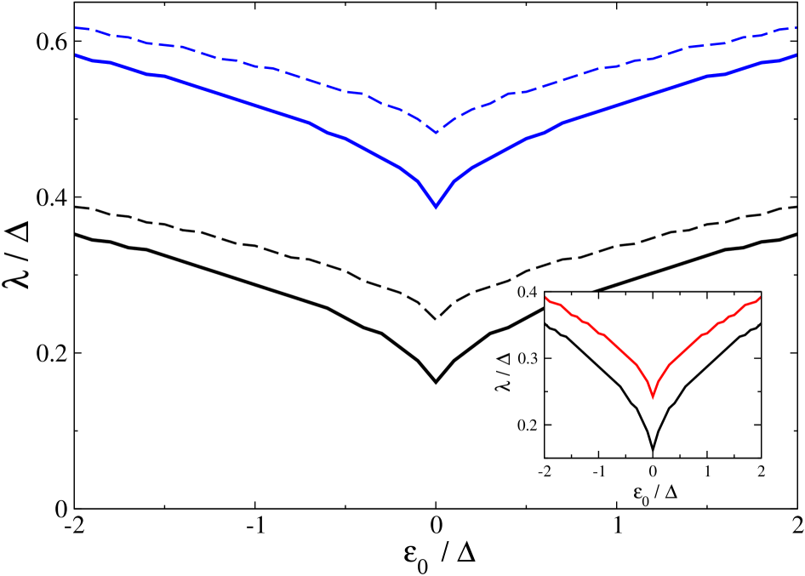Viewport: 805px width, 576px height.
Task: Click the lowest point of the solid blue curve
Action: click(436, 207)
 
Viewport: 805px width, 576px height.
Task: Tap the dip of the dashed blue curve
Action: click(437, 133)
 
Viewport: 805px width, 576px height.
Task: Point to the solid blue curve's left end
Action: click(76, 55)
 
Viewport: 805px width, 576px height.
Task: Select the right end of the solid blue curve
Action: click(795, 55)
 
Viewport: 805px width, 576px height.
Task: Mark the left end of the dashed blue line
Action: click(76, 28)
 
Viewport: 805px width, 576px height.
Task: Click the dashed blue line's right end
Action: click(795, 28)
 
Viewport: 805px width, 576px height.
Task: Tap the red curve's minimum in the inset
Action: click(653, 396)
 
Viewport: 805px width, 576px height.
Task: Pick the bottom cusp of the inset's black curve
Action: click(653, 450)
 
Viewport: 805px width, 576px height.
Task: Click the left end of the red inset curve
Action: click(545, 297)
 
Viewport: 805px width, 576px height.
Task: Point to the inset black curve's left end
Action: click(545, 323)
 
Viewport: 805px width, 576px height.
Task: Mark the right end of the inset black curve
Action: click(760, 324)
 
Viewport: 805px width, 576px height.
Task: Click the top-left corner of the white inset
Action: click(545, 293)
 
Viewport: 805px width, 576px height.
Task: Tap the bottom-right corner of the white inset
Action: click(761, 458)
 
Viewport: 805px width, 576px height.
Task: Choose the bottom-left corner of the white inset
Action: click(545, 458)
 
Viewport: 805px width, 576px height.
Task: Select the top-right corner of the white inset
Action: click(761, 293)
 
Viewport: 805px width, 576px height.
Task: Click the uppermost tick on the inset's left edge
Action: click(548, 325)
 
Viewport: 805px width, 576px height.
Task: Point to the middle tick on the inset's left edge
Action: click(548, 358)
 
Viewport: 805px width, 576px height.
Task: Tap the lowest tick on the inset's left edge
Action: click(548, 425)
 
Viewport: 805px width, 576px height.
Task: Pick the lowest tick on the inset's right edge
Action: click(757, 425)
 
